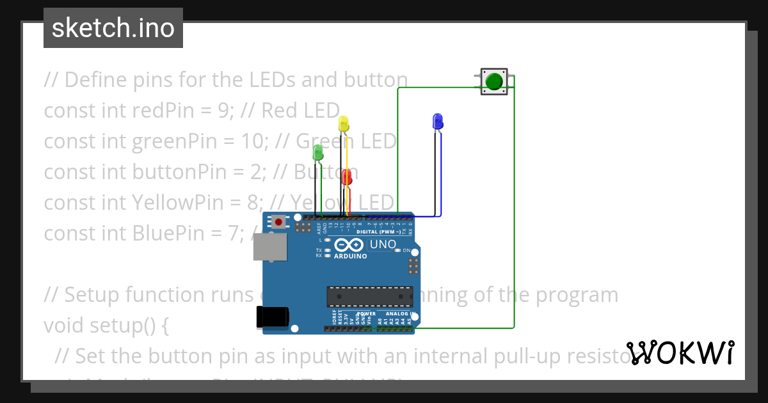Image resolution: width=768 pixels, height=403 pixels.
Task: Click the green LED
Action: [317, 152]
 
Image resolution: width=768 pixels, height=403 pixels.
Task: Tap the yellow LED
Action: [344, 123]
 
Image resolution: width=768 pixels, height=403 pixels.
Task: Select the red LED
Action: [346, 177]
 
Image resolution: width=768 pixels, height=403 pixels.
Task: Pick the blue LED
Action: [438, 120]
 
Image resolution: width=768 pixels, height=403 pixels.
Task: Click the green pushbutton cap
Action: [493, 82]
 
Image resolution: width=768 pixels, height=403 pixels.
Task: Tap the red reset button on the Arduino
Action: [278, 222]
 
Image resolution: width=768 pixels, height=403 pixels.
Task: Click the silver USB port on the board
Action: [269, 247]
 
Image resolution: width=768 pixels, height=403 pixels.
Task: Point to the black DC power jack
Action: [272, 317]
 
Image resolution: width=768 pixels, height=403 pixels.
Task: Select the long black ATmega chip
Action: [369, 296]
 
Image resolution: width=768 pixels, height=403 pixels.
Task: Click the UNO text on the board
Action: [383, 244]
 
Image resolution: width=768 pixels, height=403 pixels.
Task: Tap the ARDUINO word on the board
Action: [350, 257]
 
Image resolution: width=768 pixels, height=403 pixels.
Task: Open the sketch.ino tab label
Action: [113, 28]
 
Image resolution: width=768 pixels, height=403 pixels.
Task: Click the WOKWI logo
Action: [680, 352]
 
